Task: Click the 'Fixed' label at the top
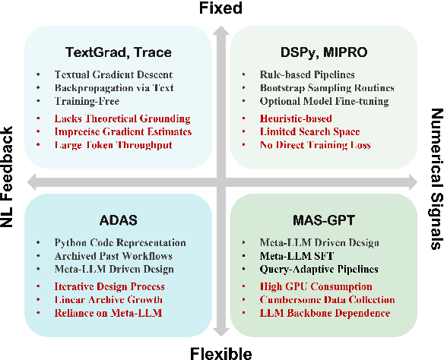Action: [x=220, y=8]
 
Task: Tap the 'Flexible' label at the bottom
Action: [x=221, y=352]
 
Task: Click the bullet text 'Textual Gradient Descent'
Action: [x=113, y=74]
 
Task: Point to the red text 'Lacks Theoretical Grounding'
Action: [x=122, y=118]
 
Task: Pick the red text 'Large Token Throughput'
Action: [x=113, y=144]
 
